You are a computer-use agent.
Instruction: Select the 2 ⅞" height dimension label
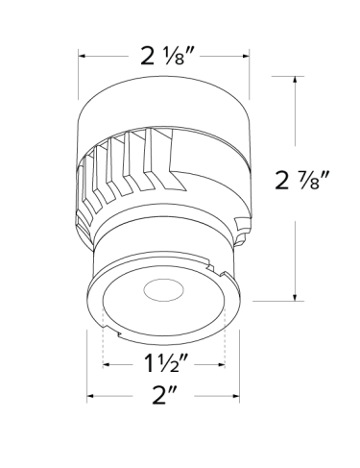click(x=302, y=180)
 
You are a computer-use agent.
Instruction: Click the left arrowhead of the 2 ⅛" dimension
click(x=82, y=56)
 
